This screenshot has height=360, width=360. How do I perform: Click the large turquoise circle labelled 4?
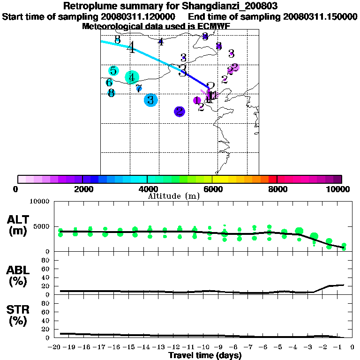point(132,77)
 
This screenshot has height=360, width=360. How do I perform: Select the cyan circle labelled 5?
point(113,71)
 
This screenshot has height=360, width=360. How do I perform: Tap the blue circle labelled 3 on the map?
point(150,100)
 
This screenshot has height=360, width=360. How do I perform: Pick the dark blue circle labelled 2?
point(180,112)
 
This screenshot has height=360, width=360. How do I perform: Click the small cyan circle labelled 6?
point(109,82)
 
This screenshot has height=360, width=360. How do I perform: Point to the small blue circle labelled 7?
point(139,88)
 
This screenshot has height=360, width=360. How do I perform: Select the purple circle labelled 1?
point(197,100)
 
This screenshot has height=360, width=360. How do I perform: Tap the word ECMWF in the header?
point(214,26)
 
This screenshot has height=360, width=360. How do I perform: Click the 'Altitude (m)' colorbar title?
point(174,196)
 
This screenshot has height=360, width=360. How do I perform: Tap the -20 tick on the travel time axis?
point(55,347)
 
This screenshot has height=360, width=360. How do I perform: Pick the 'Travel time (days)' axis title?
point(205,355)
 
